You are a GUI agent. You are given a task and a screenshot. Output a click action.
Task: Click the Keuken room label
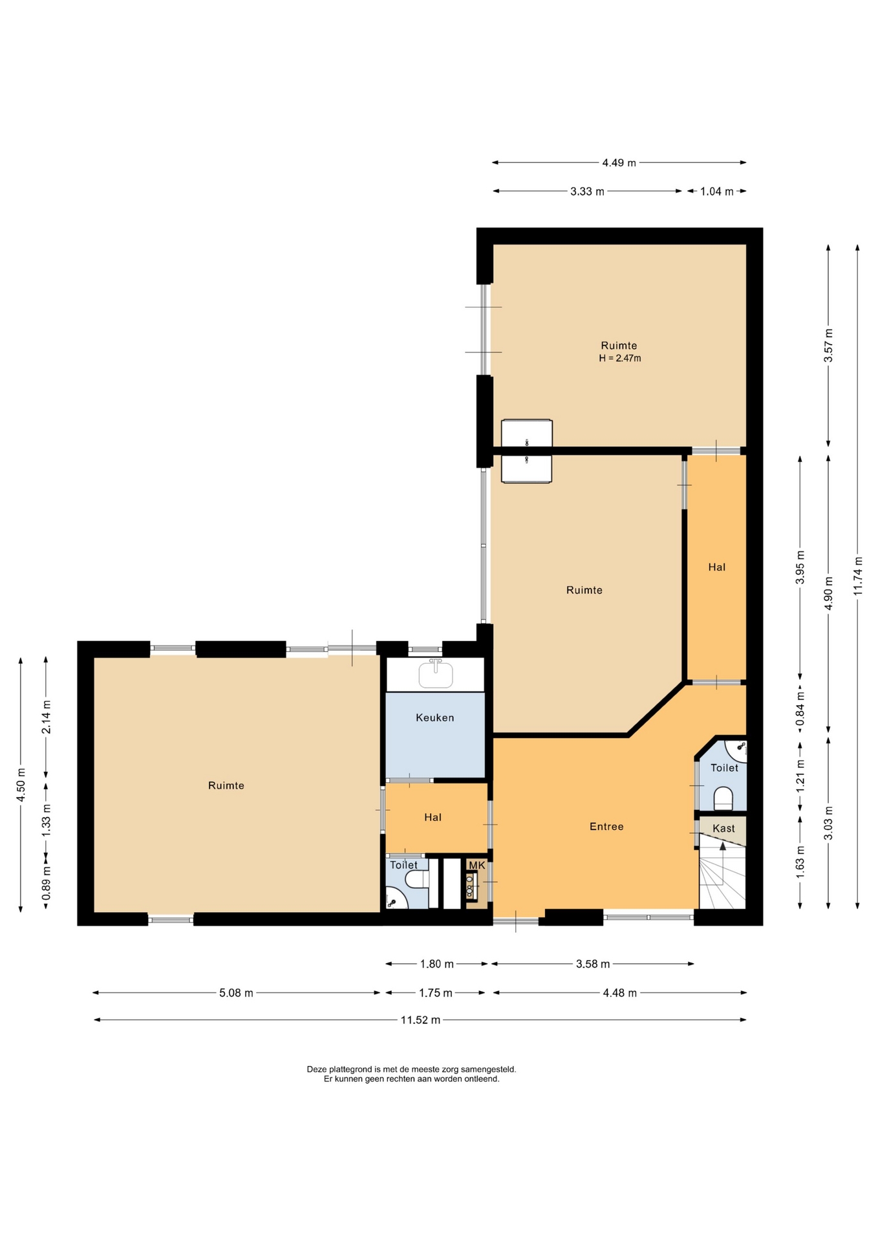(434, 717)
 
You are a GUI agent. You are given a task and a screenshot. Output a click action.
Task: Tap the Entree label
(606, 826)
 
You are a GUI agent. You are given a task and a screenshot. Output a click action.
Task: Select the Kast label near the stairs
(723, 828)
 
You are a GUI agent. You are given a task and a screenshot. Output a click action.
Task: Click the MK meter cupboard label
(476, 865)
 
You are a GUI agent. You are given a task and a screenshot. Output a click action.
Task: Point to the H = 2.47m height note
(619, 358)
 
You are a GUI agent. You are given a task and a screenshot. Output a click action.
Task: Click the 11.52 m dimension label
(420, 1020)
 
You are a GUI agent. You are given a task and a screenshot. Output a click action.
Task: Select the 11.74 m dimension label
(857, 576)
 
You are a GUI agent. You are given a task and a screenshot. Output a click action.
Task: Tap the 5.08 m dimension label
(236, 993)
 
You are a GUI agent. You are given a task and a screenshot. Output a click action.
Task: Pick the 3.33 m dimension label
(587, 191)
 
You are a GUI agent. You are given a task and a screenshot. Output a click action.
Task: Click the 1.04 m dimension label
(716, 191)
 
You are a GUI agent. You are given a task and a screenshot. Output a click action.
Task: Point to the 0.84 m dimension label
(800, 709)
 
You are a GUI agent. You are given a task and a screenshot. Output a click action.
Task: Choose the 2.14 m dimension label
(47, 717)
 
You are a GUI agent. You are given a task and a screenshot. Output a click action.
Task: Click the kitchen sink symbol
(436, 673)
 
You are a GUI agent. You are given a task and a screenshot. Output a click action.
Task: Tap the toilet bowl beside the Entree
(723, 798)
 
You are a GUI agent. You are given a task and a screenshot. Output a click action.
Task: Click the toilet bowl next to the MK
(417, 879)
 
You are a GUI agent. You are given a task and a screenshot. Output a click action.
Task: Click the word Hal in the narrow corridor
(716, 567)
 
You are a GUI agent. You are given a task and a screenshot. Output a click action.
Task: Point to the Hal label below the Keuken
(433, 817)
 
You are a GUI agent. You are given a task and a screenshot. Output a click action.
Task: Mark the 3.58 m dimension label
(593, 964)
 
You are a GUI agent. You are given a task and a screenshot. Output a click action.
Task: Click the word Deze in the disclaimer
(317, 1069)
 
